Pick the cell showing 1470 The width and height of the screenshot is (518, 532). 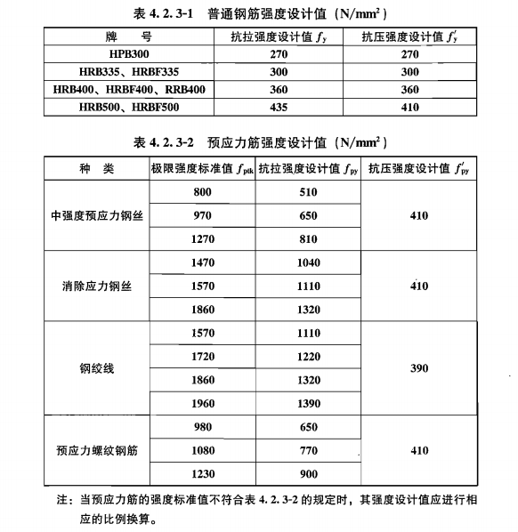[203, 263]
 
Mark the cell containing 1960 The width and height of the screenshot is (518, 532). [203, 402]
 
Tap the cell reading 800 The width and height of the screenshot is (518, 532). [203, 192]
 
